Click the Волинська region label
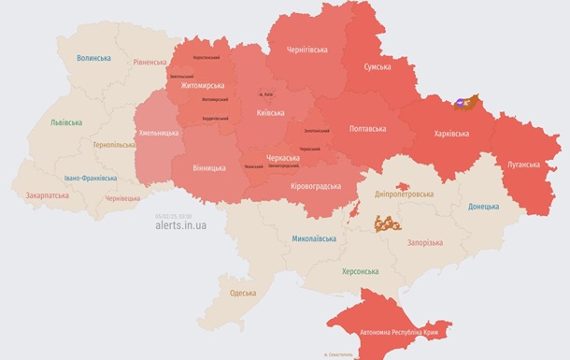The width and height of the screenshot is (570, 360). point(94,58)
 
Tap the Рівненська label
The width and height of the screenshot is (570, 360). point(150,63)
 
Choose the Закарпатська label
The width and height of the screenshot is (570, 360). point(47,196)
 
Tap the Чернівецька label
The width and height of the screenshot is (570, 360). point(122,198)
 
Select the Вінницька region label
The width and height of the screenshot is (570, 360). point(207,167)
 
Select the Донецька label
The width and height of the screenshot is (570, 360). point(483,207)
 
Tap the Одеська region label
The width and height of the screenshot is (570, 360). point(242,294)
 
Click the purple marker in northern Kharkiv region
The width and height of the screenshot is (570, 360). point(461,106)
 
